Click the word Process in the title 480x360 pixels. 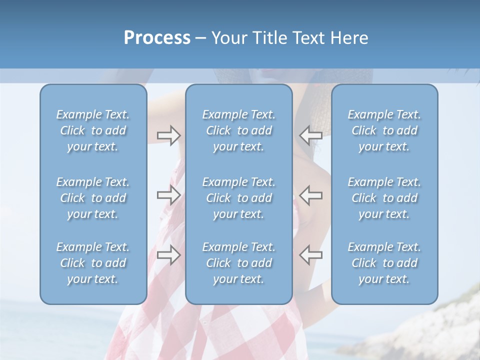157,38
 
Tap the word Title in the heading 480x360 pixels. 270,38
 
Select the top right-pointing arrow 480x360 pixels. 168,135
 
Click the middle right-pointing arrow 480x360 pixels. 168,195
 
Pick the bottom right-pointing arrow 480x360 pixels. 168,255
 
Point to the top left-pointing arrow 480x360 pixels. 310,135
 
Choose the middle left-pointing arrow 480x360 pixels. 310,195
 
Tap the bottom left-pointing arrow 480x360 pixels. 310,255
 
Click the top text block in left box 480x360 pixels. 93,130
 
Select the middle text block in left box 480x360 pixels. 93,198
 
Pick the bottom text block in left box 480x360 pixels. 93,263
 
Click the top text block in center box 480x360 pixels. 238,130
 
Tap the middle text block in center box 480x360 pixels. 238,198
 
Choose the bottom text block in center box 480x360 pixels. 238,263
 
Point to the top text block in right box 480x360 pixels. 384,130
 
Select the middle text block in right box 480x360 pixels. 384,198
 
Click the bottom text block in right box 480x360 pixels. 384,263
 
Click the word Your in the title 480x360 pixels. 229,38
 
